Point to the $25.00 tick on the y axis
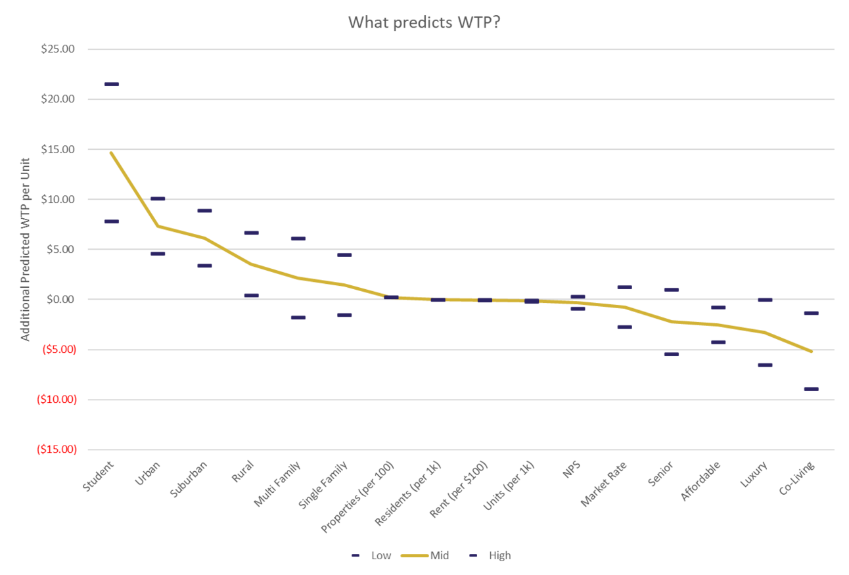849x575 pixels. coord(58,49)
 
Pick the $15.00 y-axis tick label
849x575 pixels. coord(58,149)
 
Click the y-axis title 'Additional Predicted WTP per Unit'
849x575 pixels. coord(26,249)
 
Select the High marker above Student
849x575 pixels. coord(112,84)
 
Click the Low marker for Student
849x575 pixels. coord(112,221)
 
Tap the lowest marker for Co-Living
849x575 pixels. coord(811,389)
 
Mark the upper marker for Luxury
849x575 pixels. coord(765,300)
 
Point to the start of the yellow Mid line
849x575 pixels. coord(111,152)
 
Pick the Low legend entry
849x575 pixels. coord(371,556)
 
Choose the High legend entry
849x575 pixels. coord(492,556)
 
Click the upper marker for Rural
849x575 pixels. coord(251,233)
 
